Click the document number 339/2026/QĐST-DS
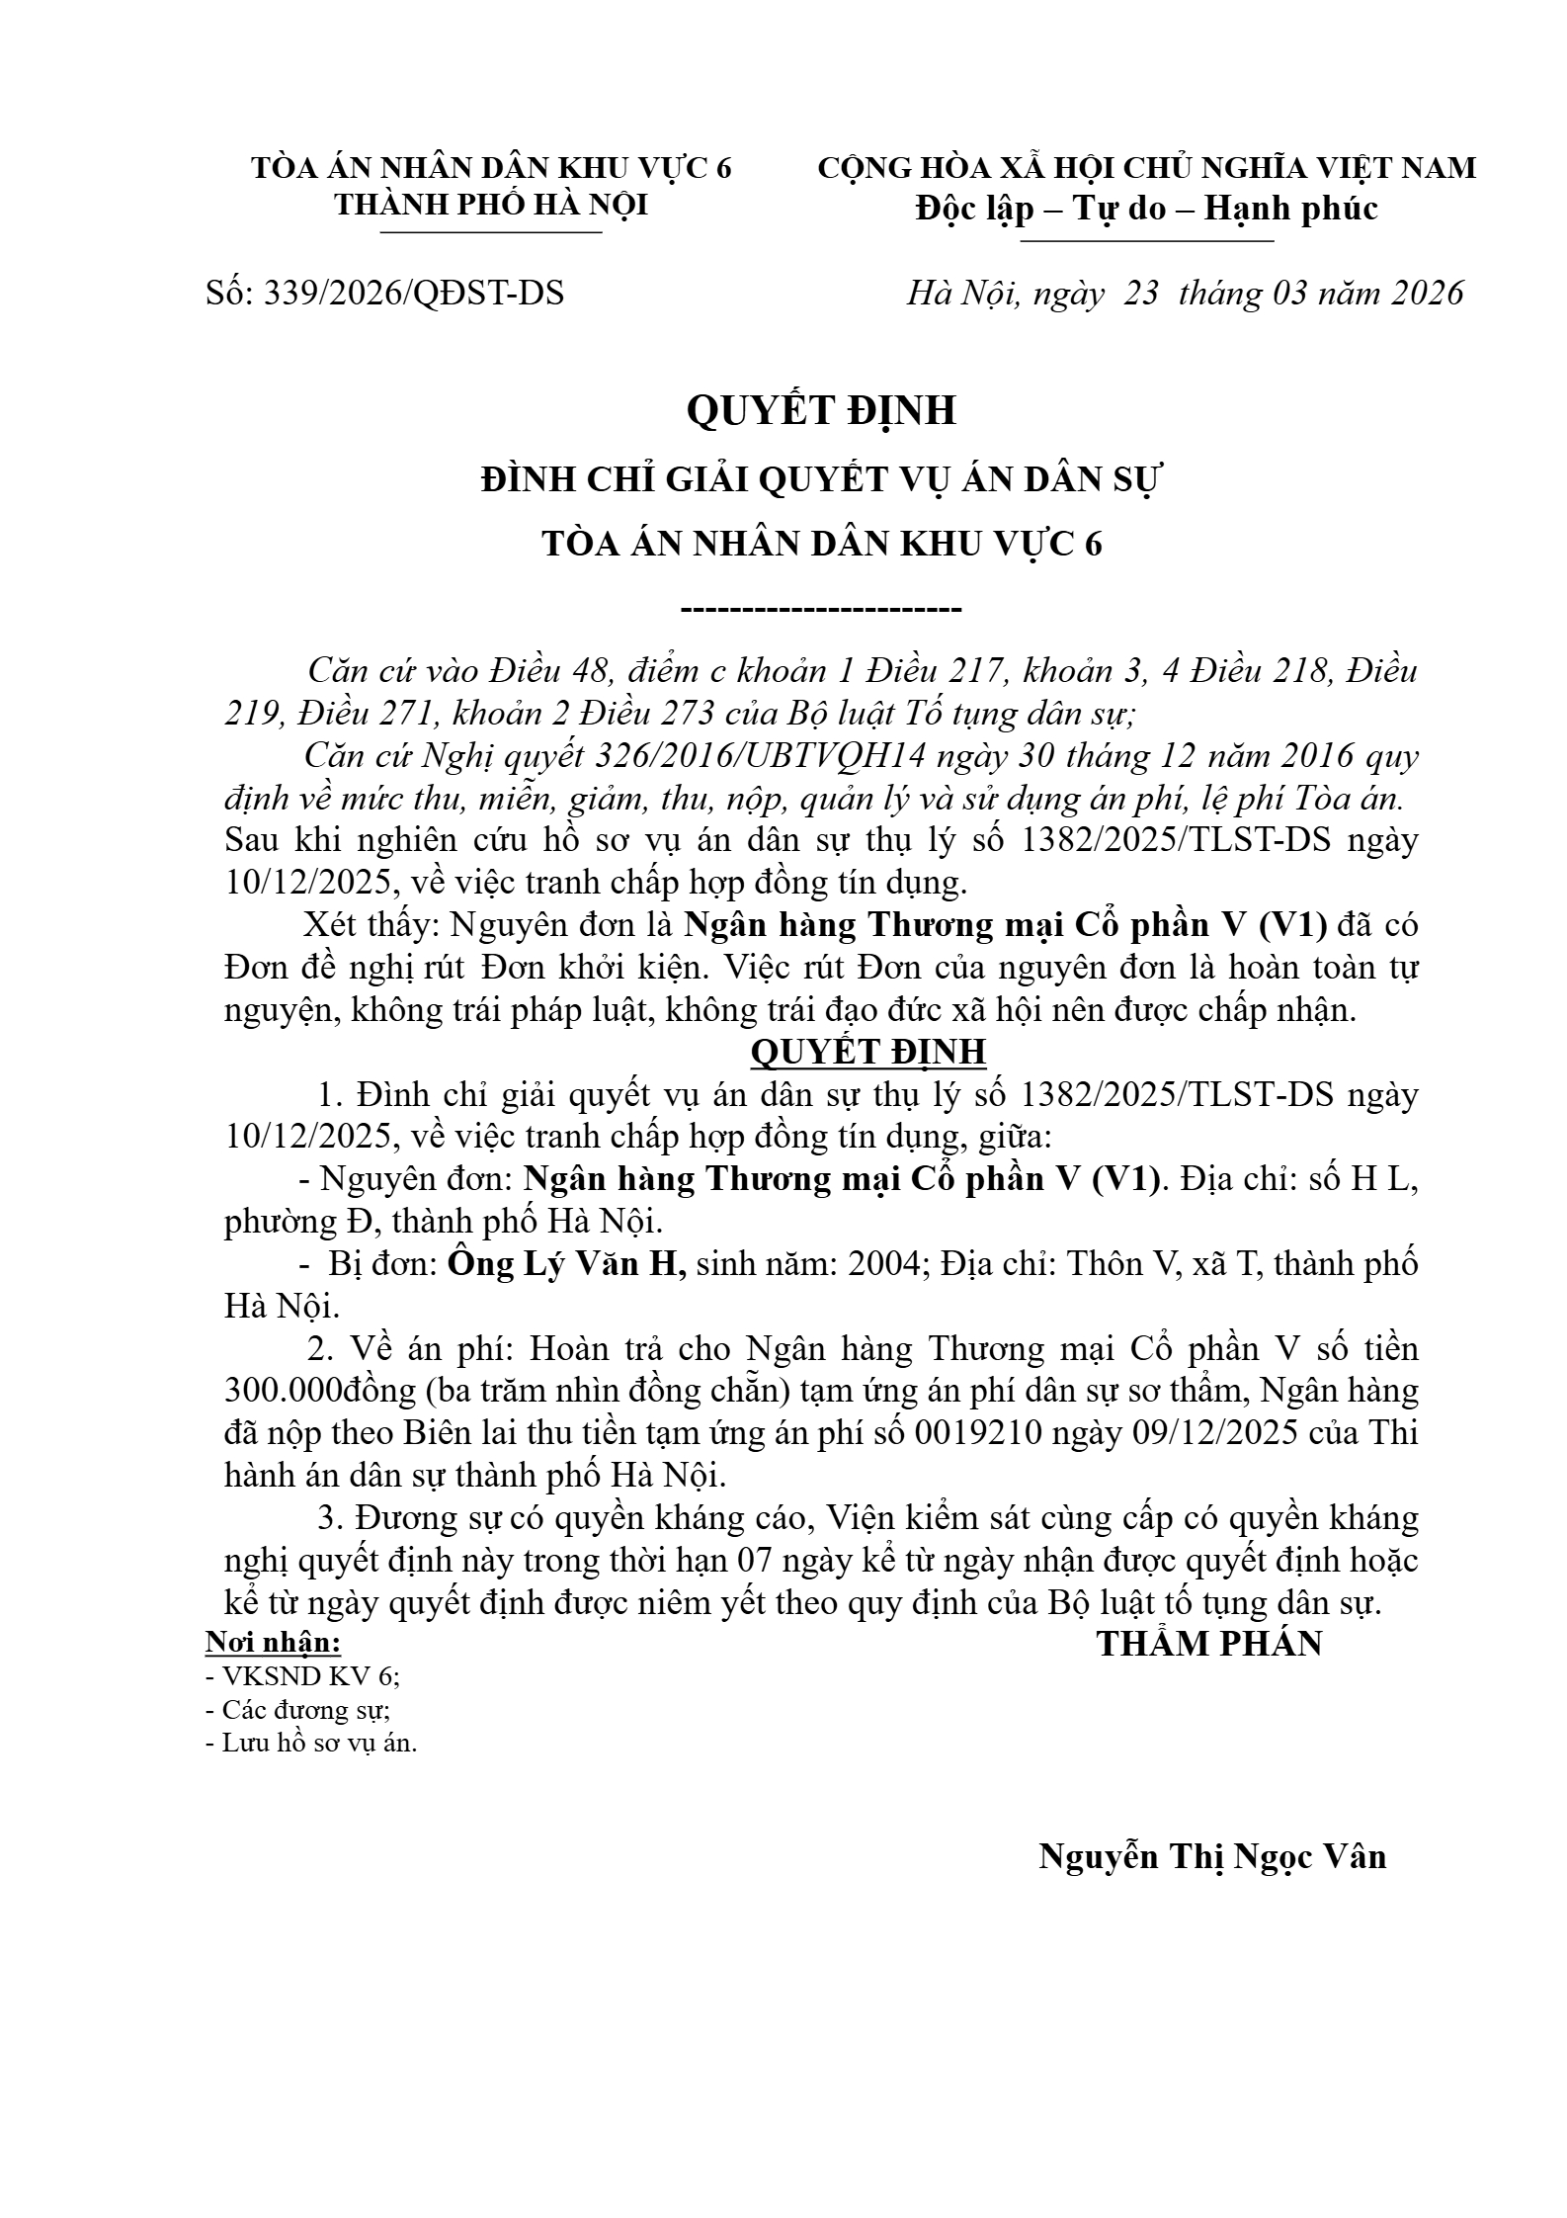coord(413,294)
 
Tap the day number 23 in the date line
coord(1141,294)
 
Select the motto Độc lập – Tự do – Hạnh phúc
coord(1146,209)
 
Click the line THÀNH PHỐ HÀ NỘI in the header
coord(491,205)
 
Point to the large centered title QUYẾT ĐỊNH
coord(821,410)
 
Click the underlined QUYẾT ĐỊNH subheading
coord(868,1052)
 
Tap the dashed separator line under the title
coord(821,608)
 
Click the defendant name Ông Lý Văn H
coord(566,1264)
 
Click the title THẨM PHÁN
coord(1209,1644)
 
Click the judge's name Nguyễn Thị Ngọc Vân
coord(1212,1856)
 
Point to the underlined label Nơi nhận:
coord(273,1643)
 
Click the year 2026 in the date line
coord(1427,294)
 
